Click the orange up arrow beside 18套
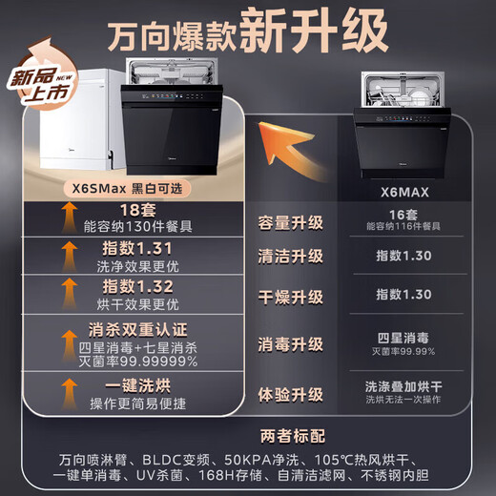[69, 221]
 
